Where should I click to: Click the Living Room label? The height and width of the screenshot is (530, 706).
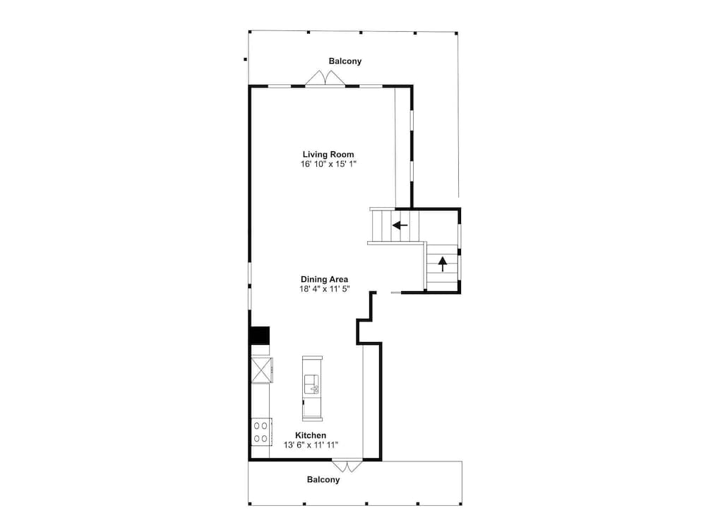[x=328, y=155]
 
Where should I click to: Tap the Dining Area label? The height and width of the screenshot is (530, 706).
[x=324, y=279]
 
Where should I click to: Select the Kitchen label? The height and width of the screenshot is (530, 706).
[x=311, y=435]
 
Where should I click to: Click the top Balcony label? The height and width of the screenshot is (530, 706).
[x=345, y=61]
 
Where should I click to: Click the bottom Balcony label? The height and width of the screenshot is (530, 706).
[x=323, y=480]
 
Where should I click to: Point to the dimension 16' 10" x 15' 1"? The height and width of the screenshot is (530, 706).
[x=328, y=164]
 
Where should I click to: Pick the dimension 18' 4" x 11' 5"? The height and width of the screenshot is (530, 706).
[x=324, y=289]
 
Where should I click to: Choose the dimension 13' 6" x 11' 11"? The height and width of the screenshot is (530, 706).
[x=311, y=445]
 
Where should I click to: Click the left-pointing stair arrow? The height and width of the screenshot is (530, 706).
[x=400, y=225]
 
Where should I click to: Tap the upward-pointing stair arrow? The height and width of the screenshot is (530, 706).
[x=443, y=264]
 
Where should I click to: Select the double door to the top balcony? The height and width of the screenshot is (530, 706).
[x=325, y=78]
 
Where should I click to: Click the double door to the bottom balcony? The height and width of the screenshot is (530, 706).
[x=347, y=466]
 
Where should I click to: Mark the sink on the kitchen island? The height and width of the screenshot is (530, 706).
[x=311, y=384]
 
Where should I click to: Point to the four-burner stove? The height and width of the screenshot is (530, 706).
[x=261, y=432]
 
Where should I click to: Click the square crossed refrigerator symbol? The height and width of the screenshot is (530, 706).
[x=262, y=370]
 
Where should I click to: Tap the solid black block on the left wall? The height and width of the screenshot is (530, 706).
[x=259, y=335]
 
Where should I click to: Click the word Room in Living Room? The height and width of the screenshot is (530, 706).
[x=342, y=155]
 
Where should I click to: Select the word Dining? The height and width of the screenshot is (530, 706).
[x=313, y=279]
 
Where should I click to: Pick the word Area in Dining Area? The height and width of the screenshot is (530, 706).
[x=337, y=279]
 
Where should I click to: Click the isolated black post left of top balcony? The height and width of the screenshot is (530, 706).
[x=246, y=59]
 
